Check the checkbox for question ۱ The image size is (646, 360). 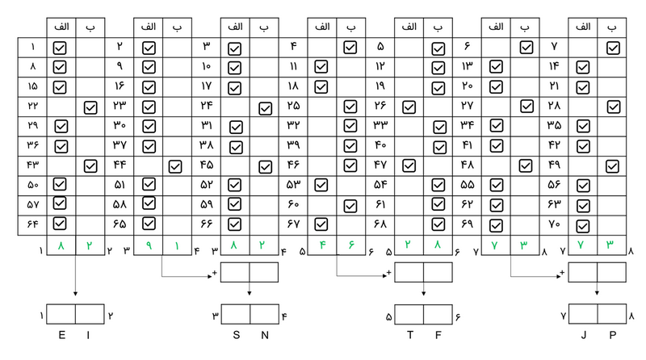pyautogui.click(x=61, y=48)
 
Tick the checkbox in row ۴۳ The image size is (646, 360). pyautogui.click(x=90, y=166)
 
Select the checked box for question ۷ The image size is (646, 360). pyautogui.click(x=613, y=48)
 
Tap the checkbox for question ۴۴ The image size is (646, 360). pyautogui.click(x=176, y=166)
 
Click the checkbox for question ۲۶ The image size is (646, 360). pyautogui.click(x=409, y=106)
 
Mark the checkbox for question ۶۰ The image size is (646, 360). pyautogui.click(x=350, y=205)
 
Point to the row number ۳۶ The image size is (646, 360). pyautogui.click(x=32, y=146)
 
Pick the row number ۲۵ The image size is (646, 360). pyautogui.click(x=292, y=106)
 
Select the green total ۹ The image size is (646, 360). pyautogui.click(x=148, y=245)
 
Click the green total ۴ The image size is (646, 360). pyautogui.click(x=321, y=245)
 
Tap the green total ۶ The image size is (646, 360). pyautogui.click(x=350, y=245)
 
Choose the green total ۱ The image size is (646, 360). pyautogui.click(x=176, y=245)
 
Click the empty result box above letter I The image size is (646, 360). pyautogui.click(x=90, y=313)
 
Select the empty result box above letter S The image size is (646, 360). pyautogui.click(x=235, y=313)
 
